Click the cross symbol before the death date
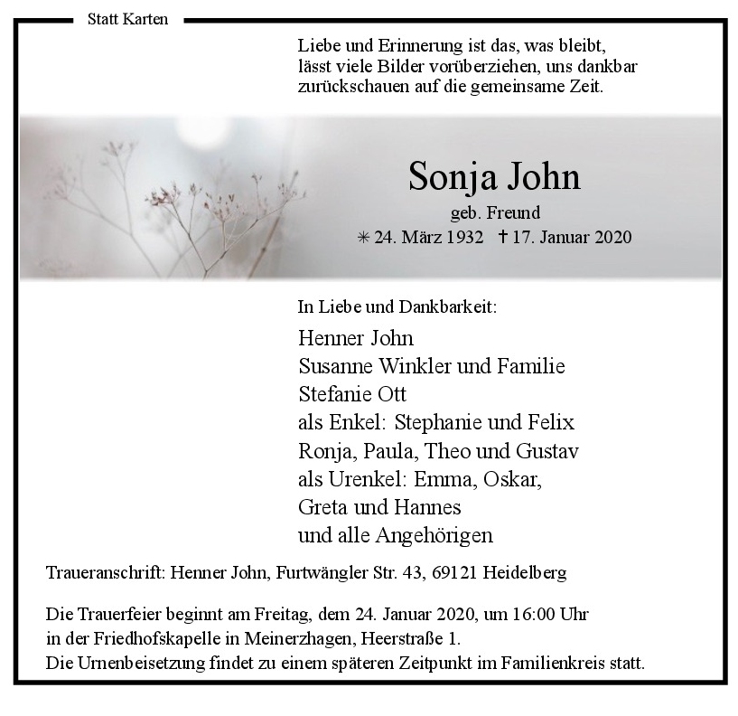click(x=503, y=237)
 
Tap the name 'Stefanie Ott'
click(x=351, y=394)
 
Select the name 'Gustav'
click(x=546, y=450)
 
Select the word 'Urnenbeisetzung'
click(x=139, y=663)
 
